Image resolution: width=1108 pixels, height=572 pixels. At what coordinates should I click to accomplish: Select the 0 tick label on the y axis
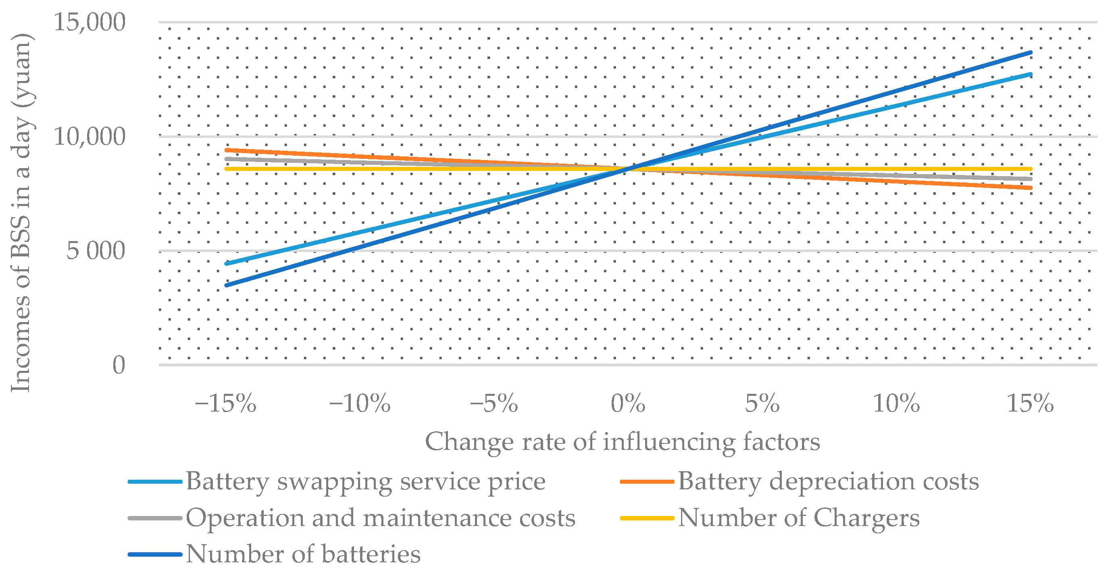tap(119, 365)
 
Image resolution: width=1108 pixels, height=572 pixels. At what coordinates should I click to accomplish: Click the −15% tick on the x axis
tap(225, 404)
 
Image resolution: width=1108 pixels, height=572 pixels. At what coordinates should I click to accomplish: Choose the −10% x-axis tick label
tap(360, 404)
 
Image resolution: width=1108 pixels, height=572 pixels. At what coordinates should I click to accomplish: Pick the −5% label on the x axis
tap(494, 404)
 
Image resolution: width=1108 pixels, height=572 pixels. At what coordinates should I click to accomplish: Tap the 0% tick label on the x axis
tap(628, 404)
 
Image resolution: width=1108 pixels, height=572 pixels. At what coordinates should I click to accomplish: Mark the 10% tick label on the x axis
tap(896, 404)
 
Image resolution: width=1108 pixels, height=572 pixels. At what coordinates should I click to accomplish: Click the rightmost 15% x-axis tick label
tap(1030, 404)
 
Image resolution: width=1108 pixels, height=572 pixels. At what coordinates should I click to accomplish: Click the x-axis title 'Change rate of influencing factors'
tap(623, 442)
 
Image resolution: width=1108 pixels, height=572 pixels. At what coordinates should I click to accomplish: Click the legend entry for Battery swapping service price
tap(366, 481)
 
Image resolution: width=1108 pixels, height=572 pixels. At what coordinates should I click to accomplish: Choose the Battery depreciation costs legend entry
tap(828, 481)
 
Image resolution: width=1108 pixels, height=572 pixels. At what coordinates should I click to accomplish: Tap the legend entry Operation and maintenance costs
tap(380, 518)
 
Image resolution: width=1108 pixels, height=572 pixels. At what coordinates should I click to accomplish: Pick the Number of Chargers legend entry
tap(798, 518)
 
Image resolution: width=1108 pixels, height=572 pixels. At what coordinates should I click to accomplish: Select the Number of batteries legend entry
tap(303, 554)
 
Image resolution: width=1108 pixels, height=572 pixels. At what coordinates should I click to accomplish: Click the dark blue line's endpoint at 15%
tap(1031, 52)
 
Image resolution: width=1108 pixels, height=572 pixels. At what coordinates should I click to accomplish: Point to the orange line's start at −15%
tap(226, 150)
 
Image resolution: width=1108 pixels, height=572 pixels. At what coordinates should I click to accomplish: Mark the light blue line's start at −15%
tap(226, 263)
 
